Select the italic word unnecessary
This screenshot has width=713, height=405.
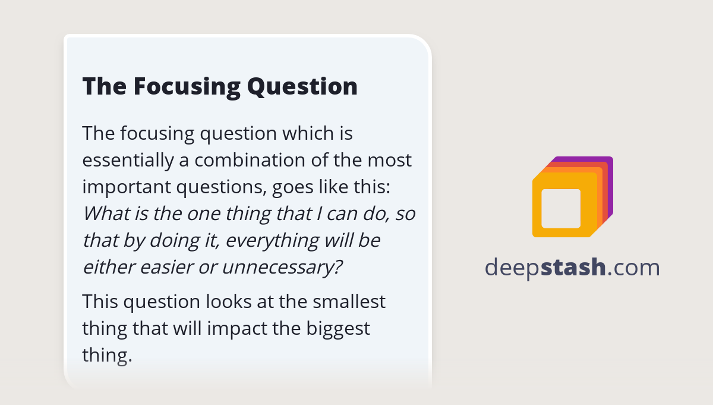pos(282,267)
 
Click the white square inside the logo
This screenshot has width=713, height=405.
pos(561,208)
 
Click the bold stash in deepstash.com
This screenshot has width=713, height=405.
pos(574,268)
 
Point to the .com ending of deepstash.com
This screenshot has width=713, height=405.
pos(634,268)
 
